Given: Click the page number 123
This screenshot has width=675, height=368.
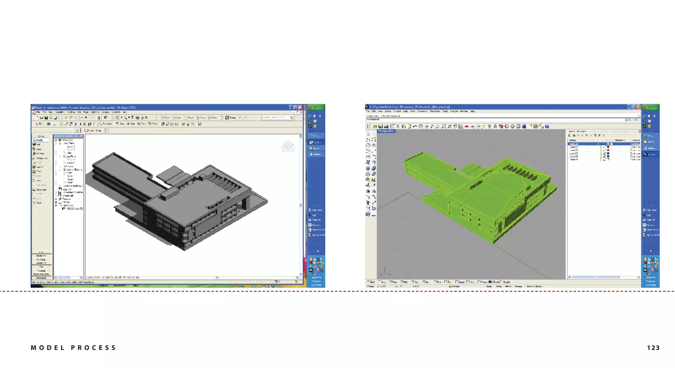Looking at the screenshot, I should pyautogui.click(x=653, y=348).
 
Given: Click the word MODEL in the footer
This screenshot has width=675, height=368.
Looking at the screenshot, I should pyautogui.click(x=47, y=348).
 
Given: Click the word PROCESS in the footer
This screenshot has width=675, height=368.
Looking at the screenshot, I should pyautogui.click(x=93, y=348).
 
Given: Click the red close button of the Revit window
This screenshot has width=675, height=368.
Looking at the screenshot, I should pyautogui.click(x=300, y=107).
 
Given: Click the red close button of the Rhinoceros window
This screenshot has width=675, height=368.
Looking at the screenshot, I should pyautogui.click(x=638, y=107).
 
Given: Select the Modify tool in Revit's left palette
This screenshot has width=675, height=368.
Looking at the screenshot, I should pyautogui.click(x=39, y=140).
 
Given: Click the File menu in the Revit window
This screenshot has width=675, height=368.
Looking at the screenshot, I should pyautogui.click(x=38, y=112).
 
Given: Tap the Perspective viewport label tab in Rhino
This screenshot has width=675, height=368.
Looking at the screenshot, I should pyautogui.click(x=386, y=131).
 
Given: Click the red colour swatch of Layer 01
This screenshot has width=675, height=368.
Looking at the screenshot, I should pyautogui.click(x=608, y=147).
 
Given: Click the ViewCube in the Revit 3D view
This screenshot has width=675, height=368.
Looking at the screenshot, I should pyautogui.click(x=288, y=146).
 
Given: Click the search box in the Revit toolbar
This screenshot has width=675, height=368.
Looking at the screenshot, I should pyautogui.click(x=275, y=117).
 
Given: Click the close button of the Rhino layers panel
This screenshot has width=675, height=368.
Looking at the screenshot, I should pyautogui.click(x=639, y=131).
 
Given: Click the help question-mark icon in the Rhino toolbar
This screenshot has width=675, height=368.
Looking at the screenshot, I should pyautogui.click(x=547, y=126).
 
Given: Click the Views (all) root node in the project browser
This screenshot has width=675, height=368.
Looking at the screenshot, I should pyautogui.click(x=65, y=140).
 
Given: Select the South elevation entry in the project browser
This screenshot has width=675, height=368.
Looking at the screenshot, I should pyautogui.click(x=70, y=179).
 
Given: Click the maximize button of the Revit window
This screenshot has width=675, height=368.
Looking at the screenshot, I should pyautogui.click(x=295, y=107).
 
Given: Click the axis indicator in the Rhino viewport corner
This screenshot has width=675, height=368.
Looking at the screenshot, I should pyautogui.click(x=385, y=272).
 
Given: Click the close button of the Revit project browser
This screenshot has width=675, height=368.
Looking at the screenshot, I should pyautogui.click(x=82, y=136).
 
